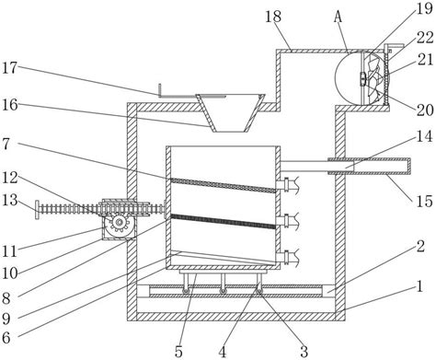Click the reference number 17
tap(9, 67)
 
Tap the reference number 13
tap(9, 201)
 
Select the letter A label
tap(338, 17)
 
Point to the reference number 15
tap(424, 202)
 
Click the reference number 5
tap(178, 351)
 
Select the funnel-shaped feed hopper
tap(230, 113)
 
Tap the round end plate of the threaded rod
tap(37, 210)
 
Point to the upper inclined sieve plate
tap(223, 185)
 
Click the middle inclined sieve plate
tap(223, 221)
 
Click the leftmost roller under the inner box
tap(186, 291)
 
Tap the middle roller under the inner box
tap(223, 291)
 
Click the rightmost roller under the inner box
tap(259, 291)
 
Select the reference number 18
tap(273, 17)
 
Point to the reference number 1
tap(419, 286)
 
